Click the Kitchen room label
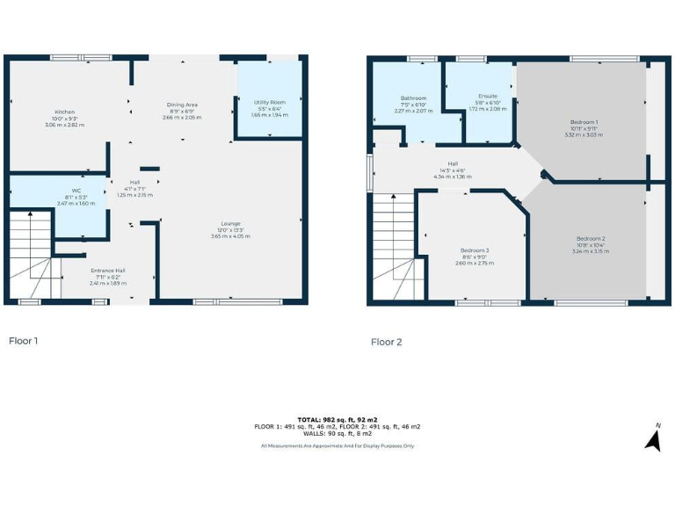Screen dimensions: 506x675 pos(65,112)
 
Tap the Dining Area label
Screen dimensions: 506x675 pos(182,105)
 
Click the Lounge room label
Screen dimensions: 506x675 pos(231,223)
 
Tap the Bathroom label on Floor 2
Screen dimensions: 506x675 pos(413,98)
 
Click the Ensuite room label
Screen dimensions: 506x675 pos(488,96)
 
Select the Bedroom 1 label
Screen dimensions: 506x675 pos(584,122)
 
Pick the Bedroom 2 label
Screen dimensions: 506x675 pos(591,239)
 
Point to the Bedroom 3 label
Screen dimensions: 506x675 pos(476,250)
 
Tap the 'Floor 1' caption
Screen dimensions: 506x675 pos(23,340)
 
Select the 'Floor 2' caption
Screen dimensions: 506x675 pos(387,342)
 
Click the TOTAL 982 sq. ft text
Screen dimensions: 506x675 pos(337,419)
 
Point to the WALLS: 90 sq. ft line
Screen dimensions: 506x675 pos(337,433)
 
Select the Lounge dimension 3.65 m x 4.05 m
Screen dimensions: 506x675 pos(231,236)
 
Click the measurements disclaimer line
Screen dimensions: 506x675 pos(337,446)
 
